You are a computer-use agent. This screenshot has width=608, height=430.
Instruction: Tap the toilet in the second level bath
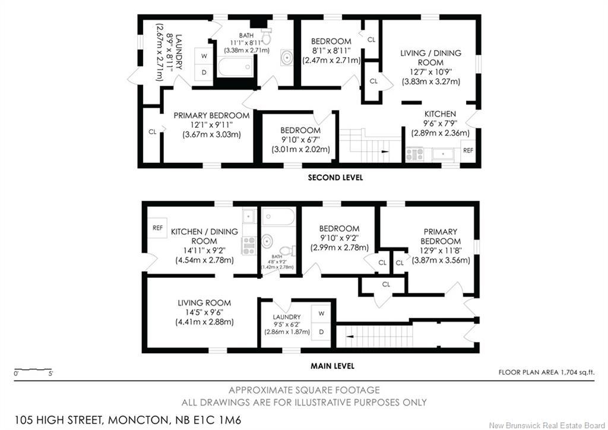click(265, 38)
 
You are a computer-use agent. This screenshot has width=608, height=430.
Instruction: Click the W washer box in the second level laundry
click(204, 56)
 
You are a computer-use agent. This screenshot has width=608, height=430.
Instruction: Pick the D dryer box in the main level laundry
click(322, 331)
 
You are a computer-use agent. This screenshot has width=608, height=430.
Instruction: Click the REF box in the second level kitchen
click(468, 151)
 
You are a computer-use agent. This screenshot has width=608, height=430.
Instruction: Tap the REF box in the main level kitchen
click(158, 228)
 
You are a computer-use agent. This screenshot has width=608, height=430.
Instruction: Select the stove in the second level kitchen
click(414, 155)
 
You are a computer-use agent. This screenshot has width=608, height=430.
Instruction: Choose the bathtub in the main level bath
click(278, 216)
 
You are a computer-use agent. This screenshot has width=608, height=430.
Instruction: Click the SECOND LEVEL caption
click(335, 177)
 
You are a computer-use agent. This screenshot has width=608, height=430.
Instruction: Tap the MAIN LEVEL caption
click(332, 366)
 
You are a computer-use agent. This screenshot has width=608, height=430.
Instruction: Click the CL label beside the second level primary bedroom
click(153, 131)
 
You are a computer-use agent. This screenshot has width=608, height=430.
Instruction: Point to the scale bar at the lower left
click(33, 368)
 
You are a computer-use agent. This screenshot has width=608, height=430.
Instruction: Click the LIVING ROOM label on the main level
click(204, 303)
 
